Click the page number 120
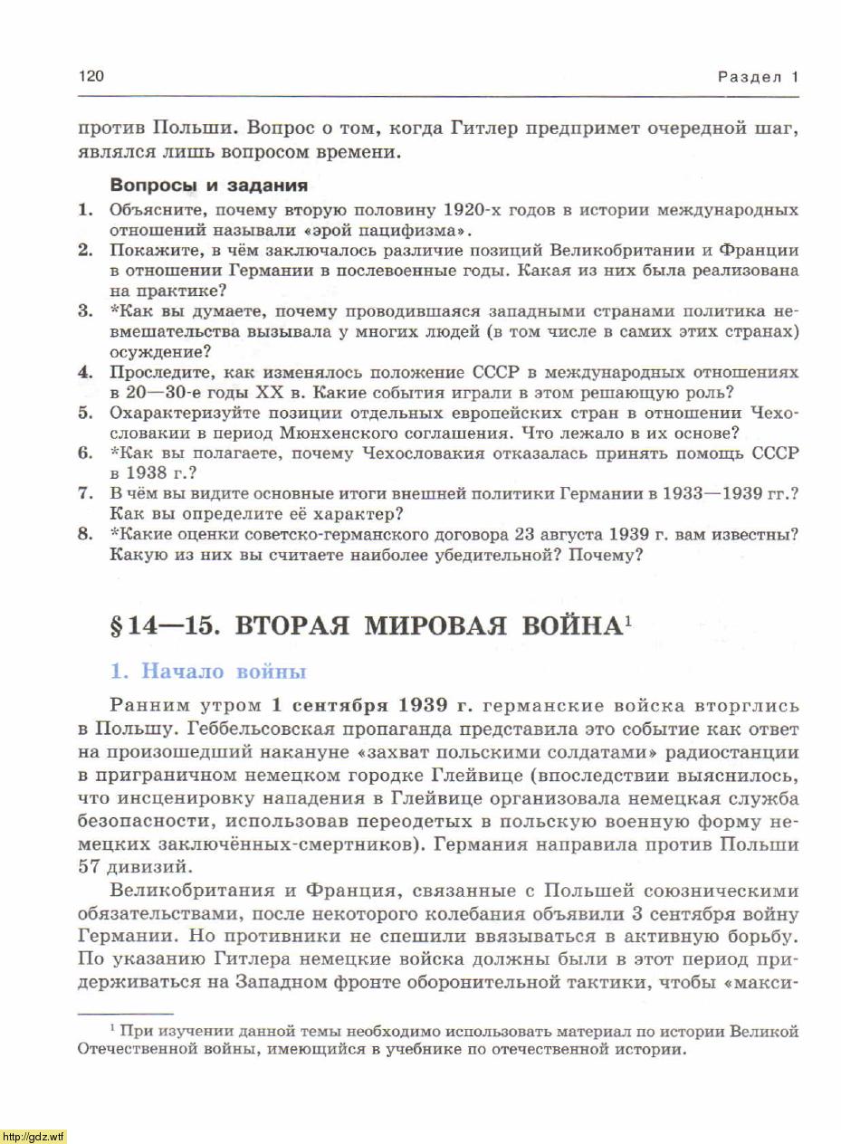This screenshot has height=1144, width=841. pos(91,76)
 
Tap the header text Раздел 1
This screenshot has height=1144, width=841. pos(758,77)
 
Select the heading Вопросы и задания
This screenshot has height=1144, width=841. pos(208,186)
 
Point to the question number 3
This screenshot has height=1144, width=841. pos(86,311)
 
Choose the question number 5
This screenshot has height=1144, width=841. pos(86,413)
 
